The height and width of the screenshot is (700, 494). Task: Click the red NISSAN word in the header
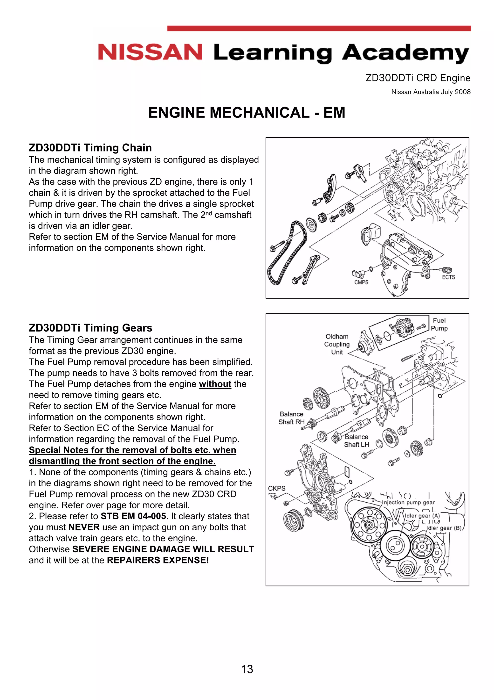point(150,52)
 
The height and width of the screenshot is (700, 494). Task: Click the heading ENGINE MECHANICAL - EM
point(247,113)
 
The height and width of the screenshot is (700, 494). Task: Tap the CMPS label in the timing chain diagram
point(361,282)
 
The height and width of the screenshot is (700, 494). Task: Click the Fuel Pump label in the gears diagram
point(439,325)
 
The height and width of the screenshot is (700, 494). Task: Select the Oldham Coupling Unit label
point(337,344)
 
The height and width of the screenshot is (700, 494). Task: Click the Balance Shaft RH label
point(291,418)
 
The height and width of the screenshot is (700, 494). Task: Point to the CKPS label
point(276,488)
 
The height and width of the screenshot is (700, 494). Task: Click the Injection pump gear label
point(408,502)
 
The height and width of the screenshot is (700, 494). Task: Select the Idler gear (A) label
point(422,516)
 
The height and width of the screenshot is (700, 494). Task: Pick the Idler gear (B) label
point(444,528)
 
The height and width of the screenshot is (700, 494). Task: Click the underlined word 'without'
point(215,384)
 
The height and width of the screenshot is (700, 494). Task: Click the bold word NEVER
point(84,527)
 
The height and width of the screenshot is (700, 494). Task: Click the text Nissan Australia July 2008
point(431,92)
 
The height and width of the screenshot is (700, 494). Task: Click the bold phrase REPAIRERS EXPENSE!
point(158,560)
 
